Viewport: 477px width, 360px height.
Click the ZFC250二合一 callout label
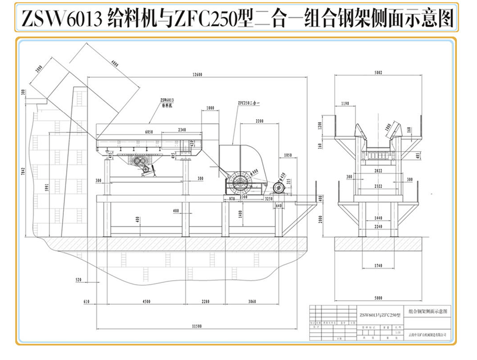[249, 104]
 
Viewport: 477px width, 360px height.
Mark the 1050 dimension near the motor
[288, 155]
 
